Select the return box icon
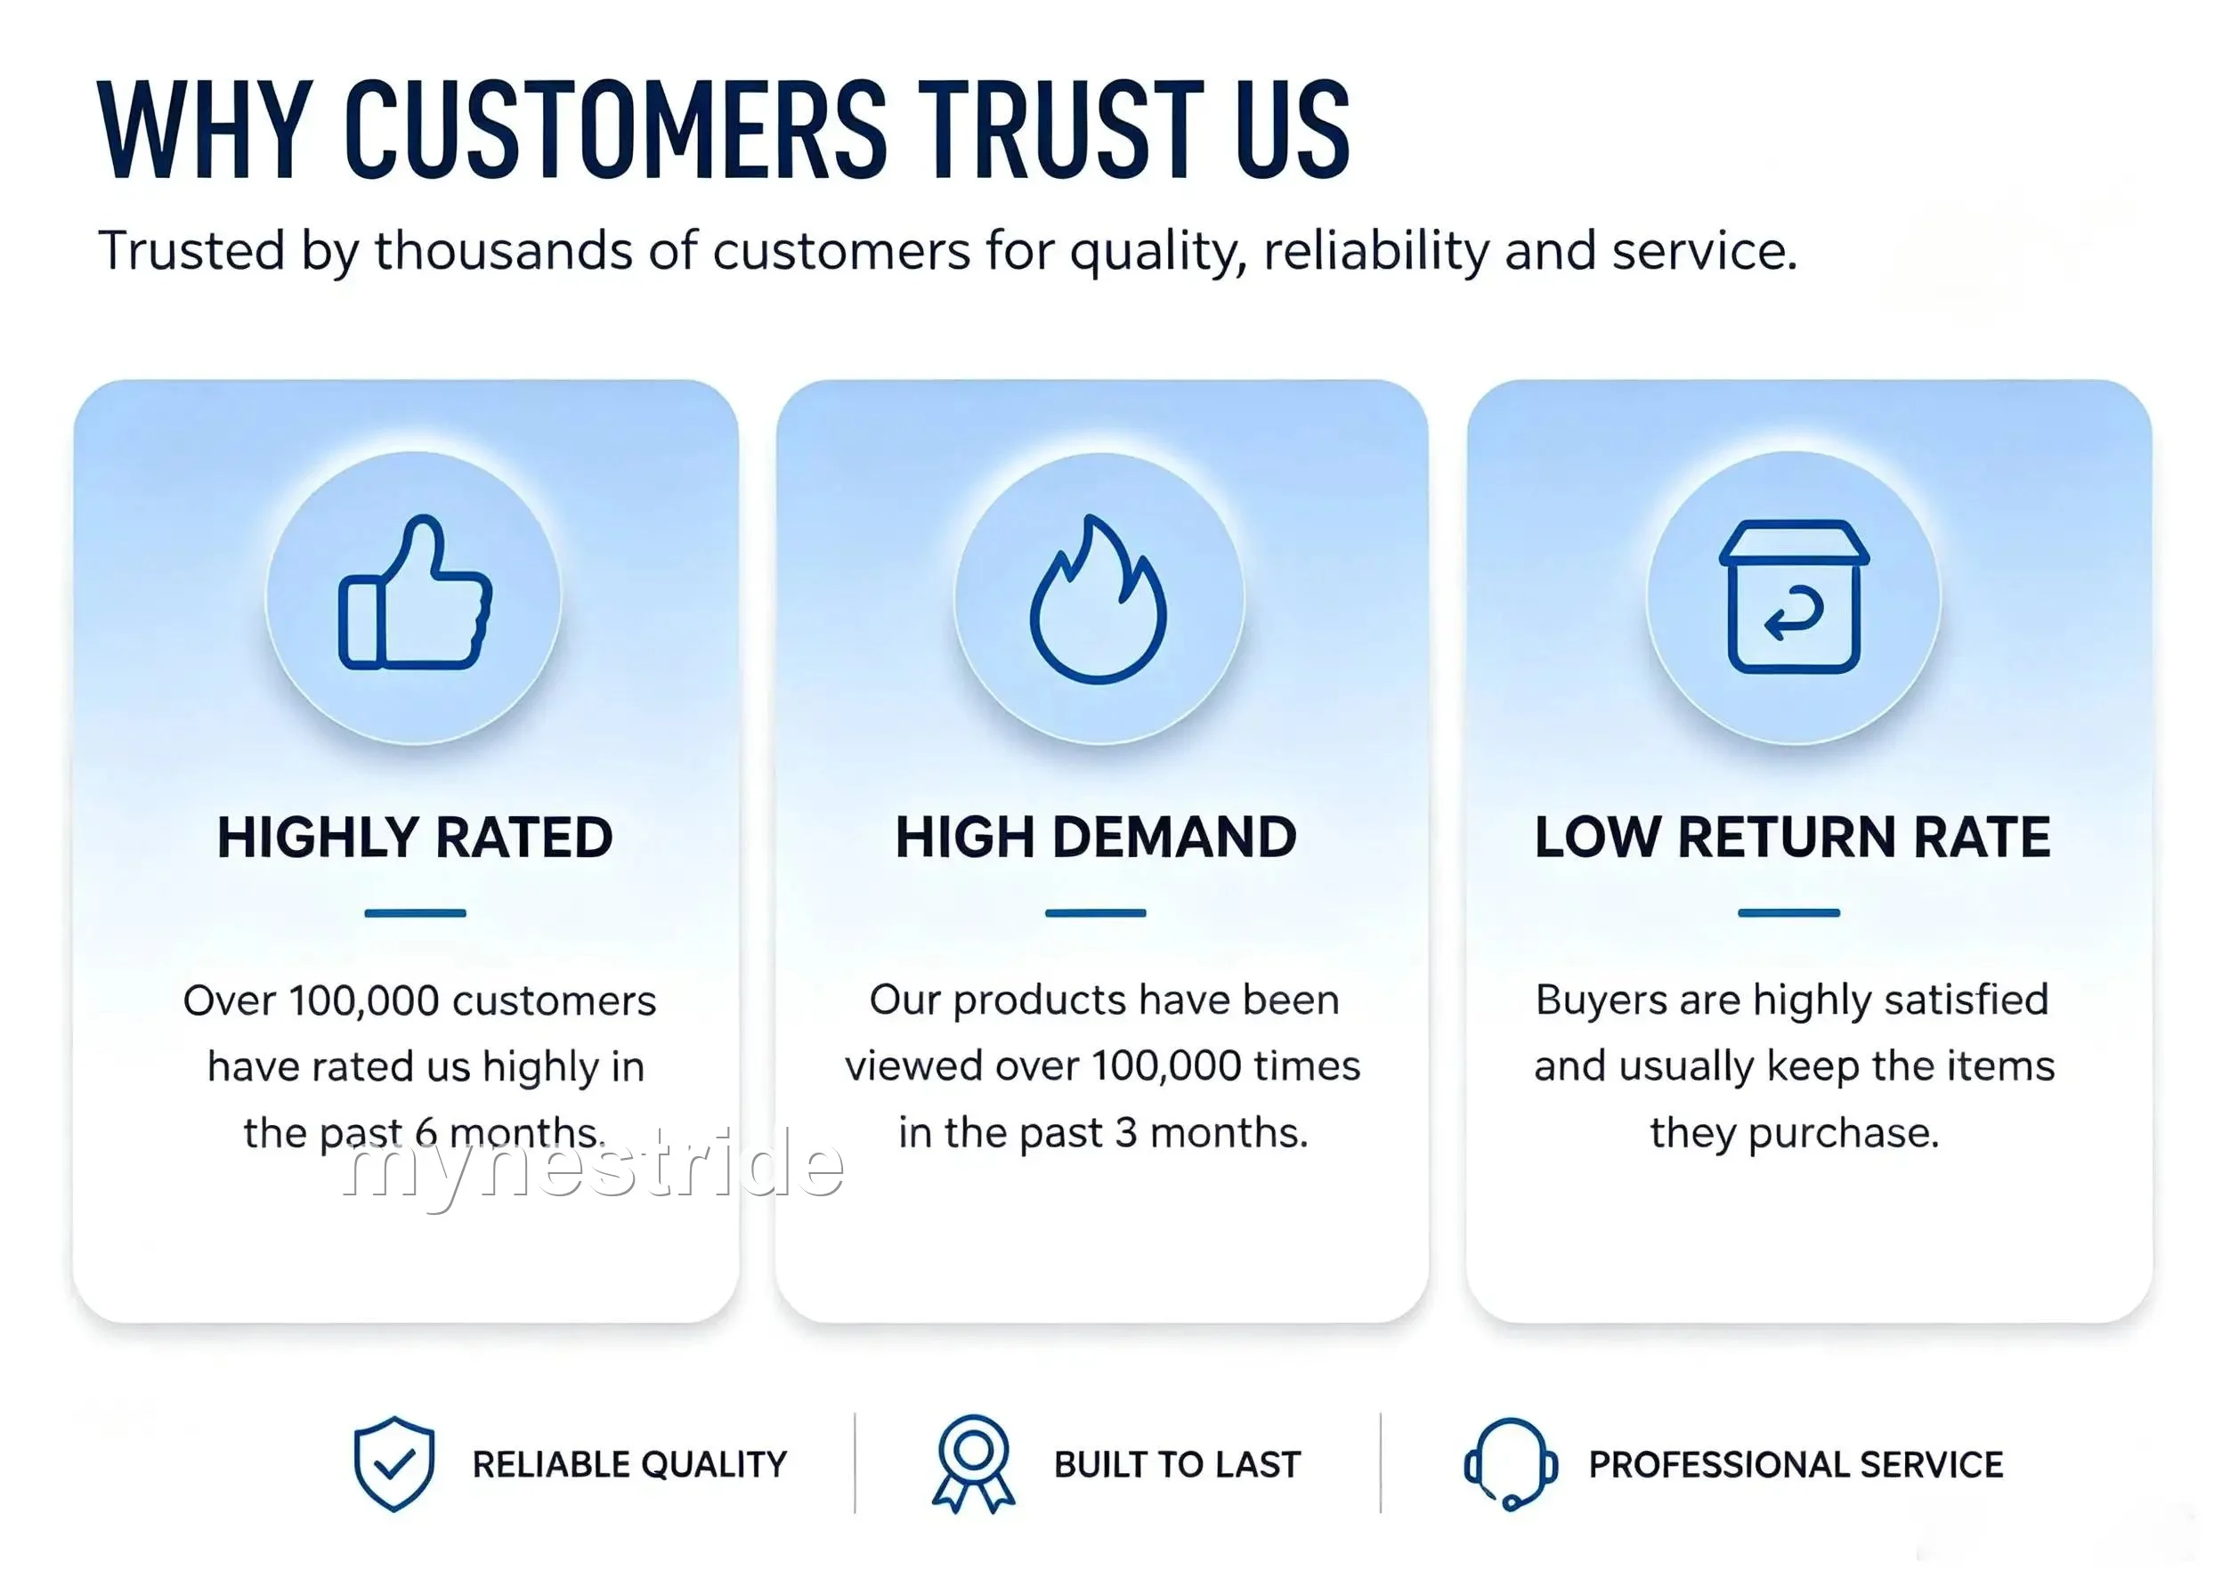1794,595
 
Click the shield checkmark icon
393,1464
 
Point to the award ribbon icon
973,1464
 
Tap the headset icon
1510,1464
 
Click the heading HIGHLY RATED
416,838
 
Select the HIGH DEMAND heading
1096,838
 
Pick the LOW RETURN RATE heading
1793,838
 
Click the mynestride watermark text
593,1166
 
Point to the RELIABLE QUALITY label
630,1465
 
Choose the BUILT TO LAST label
1178,1465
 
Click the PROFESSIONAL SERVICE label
1796,1465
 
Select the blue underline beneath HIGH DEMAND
1095,913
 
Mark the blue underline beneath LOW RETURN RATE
1789,913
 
